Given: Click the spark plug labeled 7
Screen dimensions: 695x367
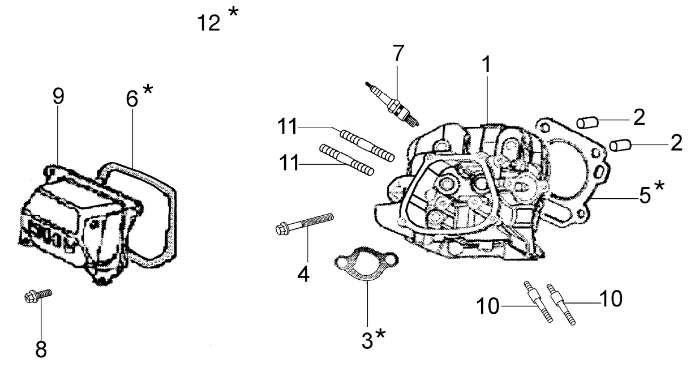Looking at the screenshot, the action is (392, 105).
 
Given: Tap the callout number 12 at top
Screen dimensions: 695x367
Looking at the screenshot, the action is (209, 23).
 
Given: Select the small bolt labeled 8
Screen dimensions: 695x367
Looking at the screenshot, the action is (38, 295).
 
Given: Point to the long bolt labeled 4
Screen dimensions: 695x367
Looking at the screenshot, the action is (304, 224).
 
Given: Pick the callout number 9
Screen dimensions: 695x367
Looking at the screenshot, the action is (58, 96).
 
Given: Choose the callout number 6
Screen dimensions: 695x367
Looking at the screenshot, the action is (132, 99).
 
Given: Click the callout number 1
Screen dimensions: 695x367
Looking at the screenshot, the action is (487, 65).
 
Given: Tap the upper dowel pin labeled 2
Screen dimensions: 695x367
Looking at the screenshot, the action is (587, 122).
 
